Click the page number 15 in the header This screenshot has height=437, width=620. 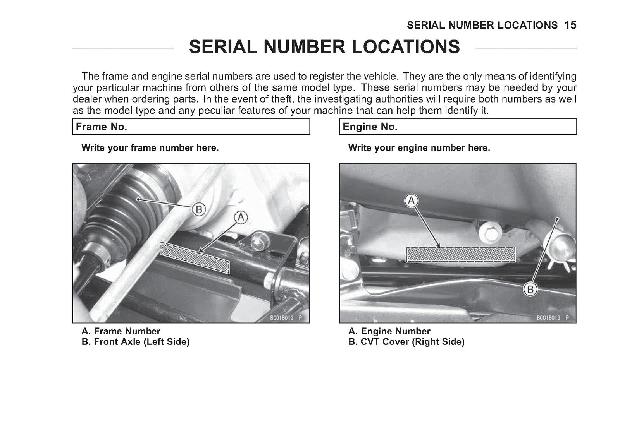(570, 25)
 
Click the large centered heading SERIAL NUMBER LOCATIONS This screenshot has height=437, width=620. (324, 47)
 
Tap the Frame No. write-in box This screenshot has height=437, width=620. (191, 127)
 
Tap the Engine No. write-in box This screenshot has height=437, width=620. (458, 127)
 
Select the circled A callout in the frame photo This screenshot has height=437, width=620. (241, 218)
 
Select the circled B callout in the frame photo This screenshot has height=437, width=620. (199, 210)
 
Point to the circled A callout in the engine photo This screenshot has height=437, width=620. (411, 200)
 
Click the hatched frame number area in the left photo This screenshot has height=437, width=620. (195, 258)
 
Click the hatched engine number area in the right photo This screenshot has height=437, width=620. (461, 254)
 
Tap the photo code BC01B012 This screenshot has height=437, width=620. (281, 318)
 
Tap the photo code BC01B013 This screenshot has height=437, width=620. (548, 318)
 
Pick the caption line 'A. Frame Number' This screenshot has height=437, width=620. (121, 331)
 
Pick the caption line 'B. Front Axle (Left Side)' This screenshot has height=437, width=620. (136, 342)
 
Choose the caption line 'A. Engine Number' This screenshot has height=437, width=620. (389, 331)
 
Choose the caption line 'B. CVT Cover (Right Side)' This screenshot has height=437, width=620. (406, 342)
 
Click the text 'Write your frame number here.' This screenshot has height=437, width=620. (150, 148)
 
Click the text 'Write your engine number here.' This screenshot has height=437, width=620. (419, 148)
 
